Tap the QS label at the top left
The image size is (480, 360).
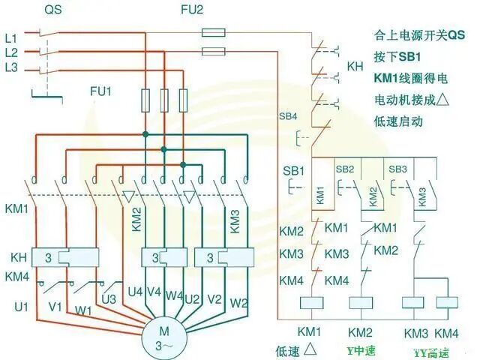coord(53,10)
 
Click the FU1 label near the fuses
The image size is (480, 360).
coord(100,91)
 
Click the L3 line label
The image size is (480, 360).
coord(10,69)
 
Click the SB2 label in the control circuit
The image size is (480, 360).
coord(345,169)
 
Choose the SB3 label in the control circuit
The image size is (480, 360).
coord(397,169)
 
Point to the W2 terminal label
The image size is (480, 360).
coord(239,303)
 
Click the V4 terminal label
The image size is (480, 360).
coord(154,292)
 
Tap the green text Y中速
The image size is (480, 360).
coord(361,350)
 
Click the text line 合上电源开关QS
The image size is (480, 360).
coord(419,35)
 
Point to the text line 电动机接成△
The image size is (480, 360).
coord(413,99)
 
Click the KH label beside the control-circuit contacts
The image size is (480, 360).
coord(355,67)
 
